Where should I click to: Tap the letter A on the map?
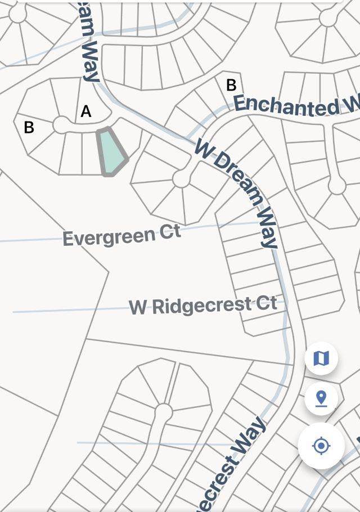pyautogui.click(x=86, y=111)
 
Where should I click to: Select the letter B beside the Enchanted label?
pyautogui.click(x=231, y=85)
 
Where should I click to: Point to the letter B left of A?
pyautogui.click(x=29, y=128)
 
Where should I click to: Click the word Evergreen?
pyautogui.click(x=106, y=237)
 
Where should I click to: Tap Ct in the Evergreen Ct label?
pyautogui.click(x=169, y=232)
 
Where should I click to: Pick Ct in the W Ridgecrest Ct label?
pyautogui.click(x=267, y=304)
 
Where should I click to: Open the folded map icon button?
pyautogui.click(x=321, y=358)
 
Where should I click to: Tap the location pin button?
pyautogui.click(x=321, y=398)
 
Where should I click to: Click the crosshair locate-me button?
pyautogui.click(x=321, y=446)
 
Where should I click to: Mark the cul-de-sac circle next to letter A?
pyautogui.click(x=61, y=125)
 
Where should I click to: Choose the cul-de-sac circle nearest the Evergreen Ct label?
pyautogui.click(x=181, y=179)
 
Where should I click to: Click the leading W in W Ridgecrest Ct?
pyautogui.click(x=138, y=308)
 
